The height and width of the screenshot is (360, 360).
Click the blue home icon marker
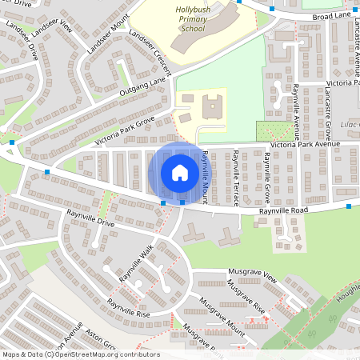[x=180, y=173]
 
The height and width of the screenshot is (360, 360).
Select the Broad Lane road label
[x=332, y=15]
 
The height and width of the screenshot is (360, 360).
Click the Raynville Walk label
[x=136, y=263]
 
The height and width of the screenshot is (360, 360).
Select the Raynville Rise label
[x=128, y=308]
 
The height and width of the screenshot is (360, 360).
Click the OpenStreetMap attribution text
[x=81, y=354]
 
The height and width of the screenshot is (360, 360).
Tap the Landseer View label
[x=53, y=40]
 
